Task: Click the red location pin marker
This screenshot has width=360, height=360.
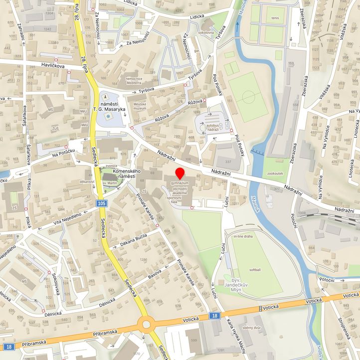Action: point(180,174)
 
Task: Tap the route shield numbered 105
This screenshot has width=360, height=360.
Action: point(102,203)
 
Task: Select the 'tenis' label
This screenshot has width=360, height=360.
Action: point(275,17)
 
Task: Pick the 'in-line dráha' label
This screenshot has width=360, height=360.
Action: point(244,236)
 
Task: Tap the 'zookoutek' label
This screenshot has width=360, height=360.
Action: point(275,174)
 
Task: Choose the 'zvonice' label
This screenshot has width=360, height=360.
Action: point(111,166)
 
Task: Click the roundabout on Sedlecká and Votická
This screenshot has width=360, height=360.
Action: point(147,325)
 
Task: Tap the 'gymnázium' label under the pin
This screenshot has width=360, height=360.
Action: point(180,184)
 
